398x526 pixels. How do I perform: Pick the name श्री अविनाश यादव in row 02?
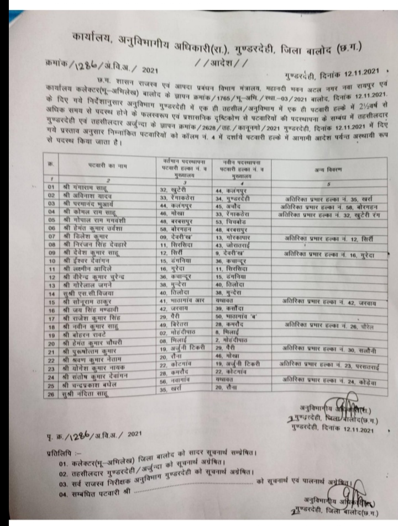[87, 197]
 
